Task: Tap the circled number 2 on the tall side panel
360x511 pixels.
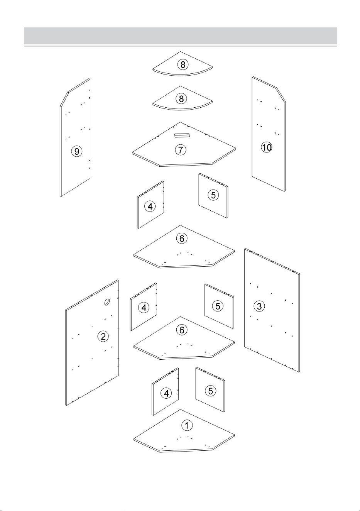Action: coord(103,336)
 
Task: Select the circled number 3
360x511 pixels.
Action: coord(259,306)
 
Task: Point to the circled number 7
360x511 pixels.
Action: coord(181,150)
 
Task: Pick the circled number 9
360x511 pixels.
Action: coord(77,151)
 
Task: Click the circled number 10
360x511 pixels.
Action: coord(267,147)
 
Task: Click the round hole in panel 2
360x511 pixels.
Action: coord(107,302)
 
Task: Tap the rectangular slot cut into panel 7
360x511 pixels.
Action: coord(182,135)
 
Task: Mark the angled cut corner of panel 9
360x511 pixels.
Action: coord(64,99)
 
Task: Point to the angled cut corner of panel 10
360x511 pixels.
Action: coord(281,95)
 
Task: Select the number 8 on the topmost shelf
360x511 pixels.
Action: coord(183,64)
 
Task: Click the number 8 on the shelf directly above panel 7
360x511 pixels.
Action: coord(181,98)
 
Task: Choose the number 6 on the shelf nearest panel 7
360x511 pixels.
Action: coord(182,239)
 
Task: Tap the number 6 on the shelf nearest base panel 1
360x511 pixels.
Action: coord(182,330)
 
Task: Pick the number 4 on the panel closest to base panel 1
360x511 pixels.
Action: coord(166,393)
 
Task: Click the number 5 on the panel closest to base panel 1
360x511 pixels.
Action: coord(210,391)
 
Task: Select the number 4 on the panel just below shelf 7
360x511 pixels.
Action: coord(150,206)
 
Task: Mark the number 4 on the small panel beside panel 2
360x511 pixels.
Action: coord(144,308)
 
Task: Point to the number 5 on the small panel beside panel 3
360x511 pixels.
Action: coord(218,306)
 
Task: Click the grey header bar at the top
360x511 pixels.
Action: coord(181,36)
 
